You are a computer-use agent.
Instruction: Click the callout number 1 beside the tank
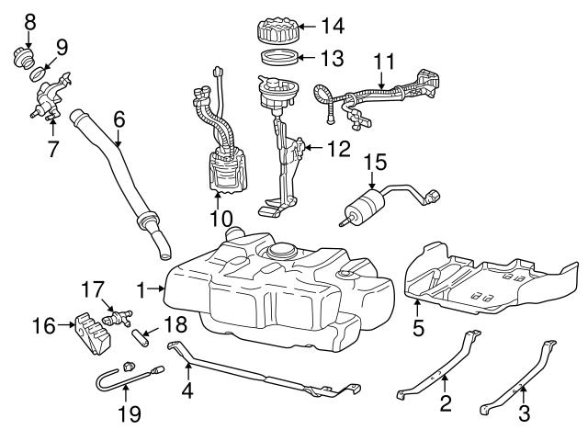coord(141,289)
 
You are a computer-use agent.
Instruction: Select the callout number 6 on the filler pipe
coord(118,120)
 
